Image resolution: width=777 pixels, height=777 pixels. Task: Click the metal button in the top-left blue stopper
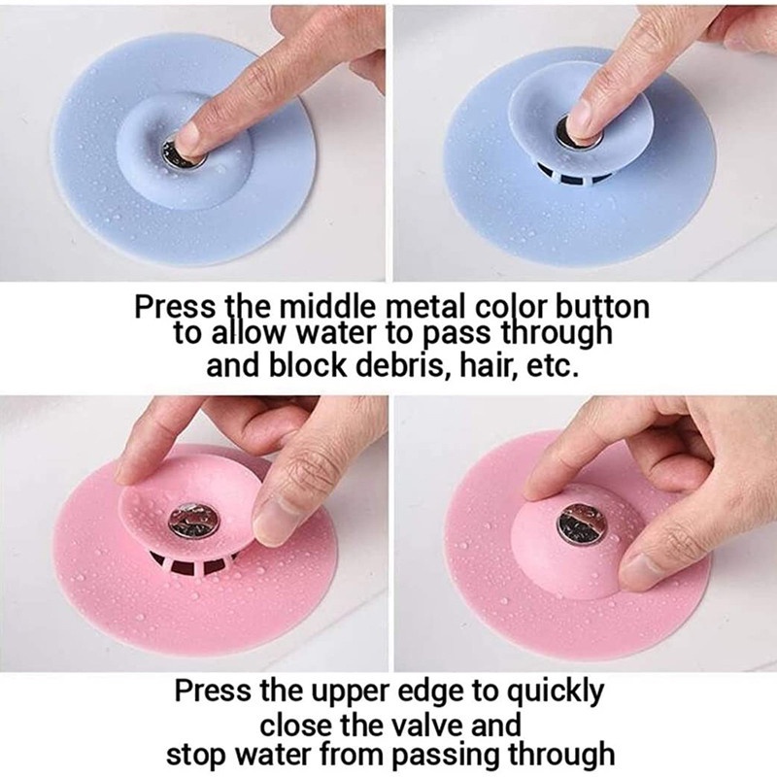tap(179, 152)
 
